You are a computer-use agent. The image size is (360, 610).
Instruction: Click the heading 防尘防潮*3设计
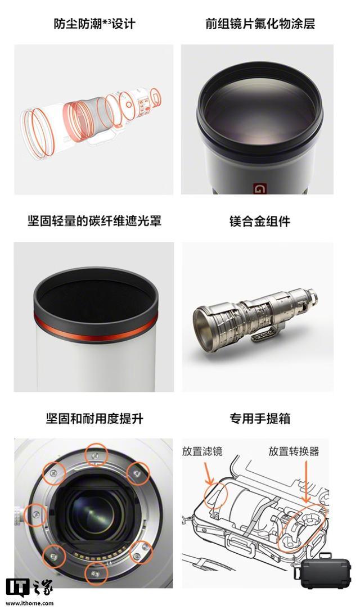point(94,24)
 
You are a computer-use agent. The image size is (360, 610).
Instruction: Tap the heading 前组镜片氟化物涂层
point(260,24)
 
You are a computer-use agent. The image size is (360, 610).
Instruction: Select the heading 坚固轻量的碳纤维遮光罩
point(94,221)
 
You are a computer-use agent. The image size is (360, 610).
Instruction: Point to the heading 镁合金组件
point(259,221)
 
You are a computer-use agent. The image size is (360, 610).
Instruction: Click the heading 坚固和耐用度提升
point(94,419)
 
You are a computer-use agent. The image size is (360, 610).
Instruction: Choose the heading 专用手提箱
point(259,419)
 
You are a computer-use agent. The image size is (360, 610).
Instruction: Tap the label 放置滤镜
point(202,451)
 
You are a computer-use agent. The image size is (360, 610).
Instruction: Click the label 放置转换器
point(294,451)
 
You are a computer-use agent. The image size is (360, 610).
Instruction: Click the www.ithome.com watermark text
point(30,603)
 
